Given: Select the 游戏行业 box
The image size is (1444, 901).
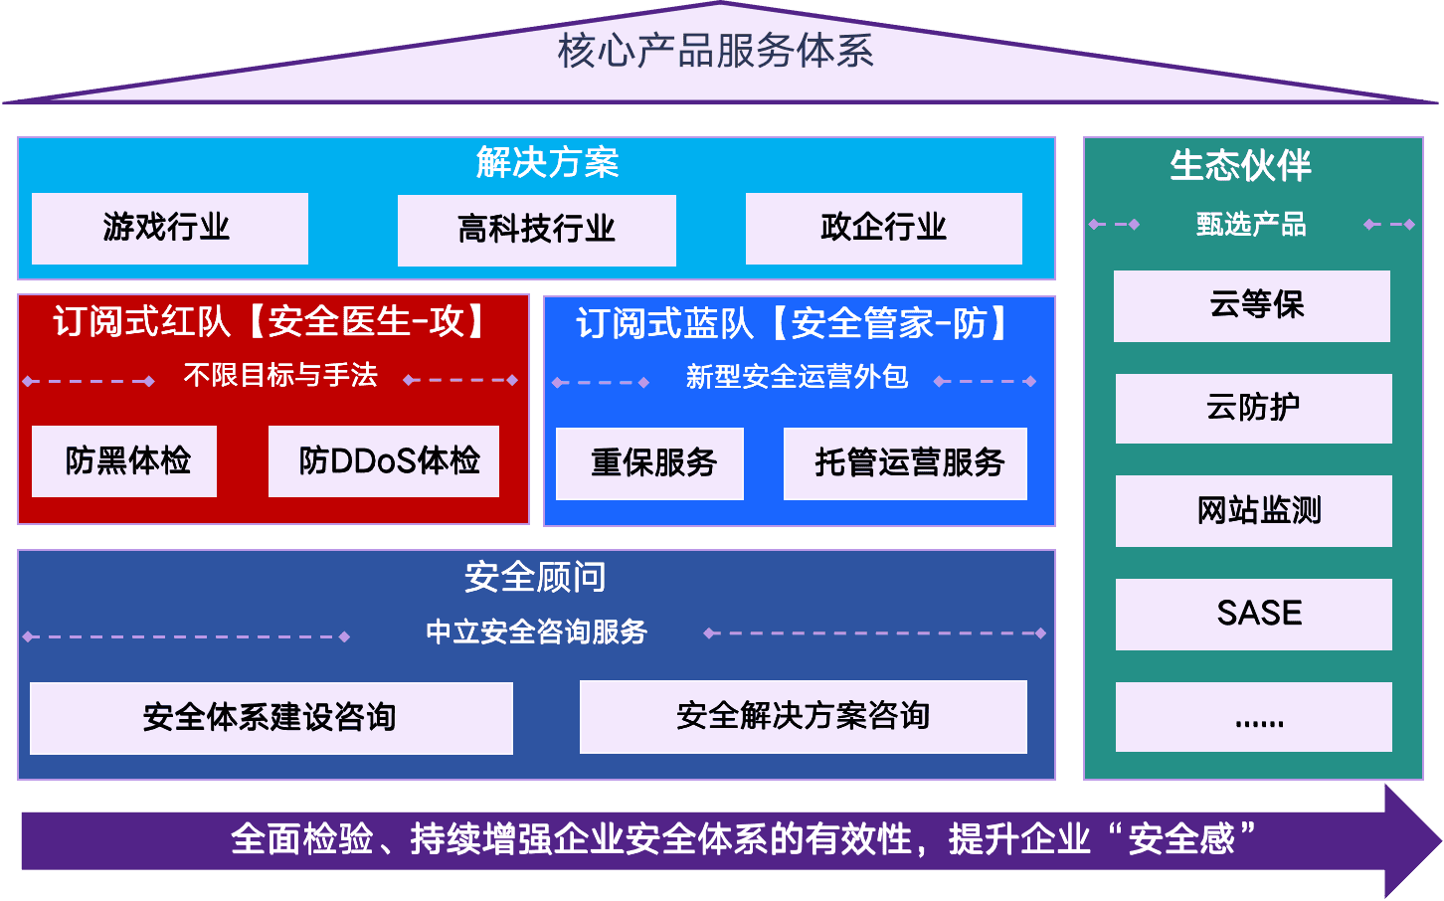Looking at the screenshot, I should [169, 228].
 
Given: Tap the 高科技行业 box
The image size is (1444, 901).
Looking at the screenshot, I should [536, 230].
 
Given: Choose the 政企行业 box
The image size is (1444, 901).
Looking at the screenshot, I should [883, 228].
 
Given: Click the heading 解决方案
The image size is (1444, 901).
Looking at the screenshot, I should [547, 162].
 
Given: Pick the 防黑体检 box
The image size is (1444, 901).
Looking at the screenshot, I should [124, 460].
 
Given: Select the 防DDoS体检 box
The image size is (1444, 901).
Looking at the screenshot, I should [384, 460].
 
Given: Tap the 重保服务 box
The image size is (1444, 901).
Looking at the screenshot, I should [649, 462].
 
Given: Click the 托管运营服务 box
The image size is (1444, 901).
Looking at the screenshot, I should [905, 462].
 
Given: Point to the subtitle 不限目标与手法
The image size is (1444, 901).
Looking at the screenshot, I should [280, 375].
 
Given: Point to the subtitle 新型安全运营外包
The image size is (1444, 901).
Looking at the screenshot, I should [797, 377].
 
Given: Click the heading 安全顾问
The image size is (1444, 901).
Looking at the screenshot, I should [535, 577].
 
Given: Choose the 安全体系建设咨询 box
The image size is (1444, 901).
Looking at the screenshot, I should [271, 717].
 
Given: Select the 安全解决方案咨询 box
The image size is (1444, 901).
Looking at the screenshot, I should [803, 716].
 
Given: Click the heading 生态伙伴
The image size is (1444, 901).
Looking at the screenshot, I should [1240, 165].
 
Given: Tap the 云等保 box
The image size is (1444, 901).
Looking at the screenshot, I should [1252, 305].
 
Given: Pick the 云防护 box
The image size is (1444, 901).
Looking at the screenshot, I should [1253, 408].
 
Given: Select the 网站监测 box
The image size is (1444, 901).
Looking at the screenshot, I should [1253, 510].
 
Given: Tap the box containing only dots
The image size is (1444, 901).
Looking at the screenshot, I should [1253, 716].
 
